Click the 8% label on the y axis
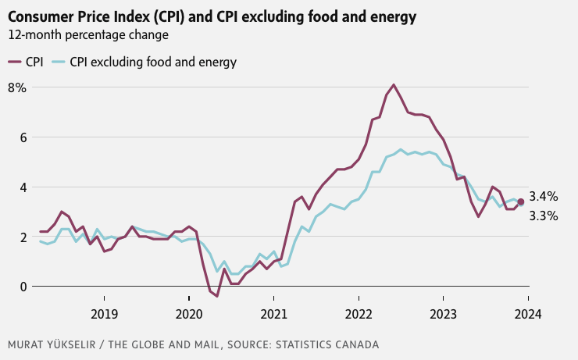pyautogui.click(x=17, y=88)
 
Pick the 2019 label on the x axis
pyautogui.click(x=105, y=314)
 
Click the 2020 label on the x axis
pyautogui.click(x=189, y=314)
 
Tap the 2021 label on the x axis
pyautogui.click(x=273, y=314)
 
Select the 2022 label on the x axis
pyautogui.click(x=359, y=314)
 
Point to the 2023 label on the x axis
pyautogui.click(x=443, y=314)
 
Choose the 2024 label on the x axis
pyautogui.click(x=528, y=314)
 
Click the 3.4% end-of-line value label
pyautogui.click(x=544, y=197)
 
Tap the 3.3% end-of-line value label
pyautogui.click(x=544, y=216)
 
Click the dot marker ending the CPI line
pyautogui.click(x=520, y=201)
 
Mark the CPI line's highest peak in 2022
pyautogui.click(x=394, y=85)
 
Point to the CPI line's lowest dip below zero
pyautogui.click(x=217, y=296)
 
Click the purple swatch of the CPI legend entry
pyautogui.click(x=14, y=62)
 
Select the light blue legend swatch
pyautogui.click(x=59, y=62)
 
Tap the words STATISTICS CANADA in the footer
pyautogui.click(x=327, y=344)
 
